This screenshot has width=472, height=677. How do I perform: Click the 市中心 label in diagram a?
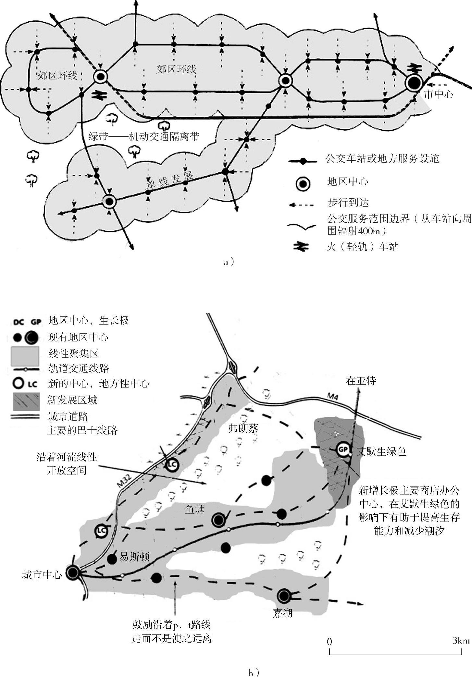point(439,94)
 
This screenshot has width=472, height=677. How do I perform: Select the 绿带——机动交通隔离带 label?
point(144,136)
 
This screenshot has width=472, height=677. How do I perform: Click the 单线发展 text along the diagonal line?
point(169,181)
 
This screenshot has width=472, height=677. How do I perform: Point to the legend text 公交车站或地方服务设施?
point(382,159)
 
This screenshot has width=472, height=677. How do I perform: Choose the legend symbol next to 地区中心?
point(303,184)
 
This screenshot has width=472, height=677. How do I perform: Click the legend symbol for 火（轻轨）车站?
point(301,247)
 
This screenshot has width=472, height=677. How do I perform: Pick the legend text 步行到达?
point(348,203)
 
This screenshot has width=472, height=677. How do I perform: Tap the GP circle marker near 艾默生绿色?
point(342,449)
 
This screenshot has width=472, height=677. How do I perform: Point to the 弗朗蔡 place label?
point(243,429)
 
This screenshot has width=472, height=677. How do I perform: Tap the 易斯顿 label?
point(134,557)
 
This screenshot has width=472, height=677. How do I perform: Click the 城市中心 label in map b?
point(42,575)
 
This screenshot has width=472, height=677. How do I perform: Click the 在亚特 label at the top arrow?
point(361,381)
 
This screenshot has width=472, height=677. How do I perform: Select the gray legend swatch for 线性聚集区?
point(25,356)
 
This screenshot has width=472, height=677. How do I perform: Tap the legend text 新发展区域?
point(72,400)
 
